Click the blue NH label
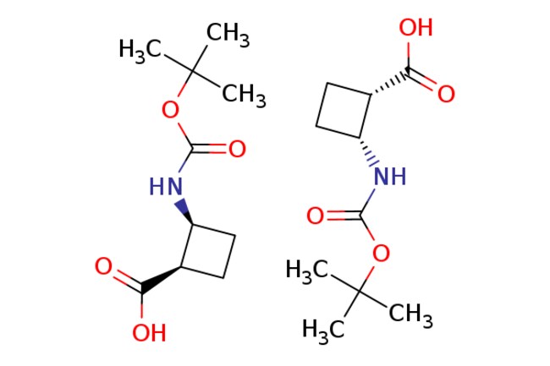pyautogui.click(x=388, y=177)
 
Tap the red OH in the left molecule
pyautogui.click(x=149, y=332)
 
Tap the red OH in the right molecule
pyautogui.click(x=416, y=28)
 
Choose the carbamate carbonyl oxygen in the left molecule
pyautogui.click(x=237, y=150)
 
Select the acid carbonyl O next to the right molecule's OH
pyautogui.click(x=446, y=93)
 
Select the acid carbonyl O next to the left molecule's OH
pyautogui.click(x=103, y=268)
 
